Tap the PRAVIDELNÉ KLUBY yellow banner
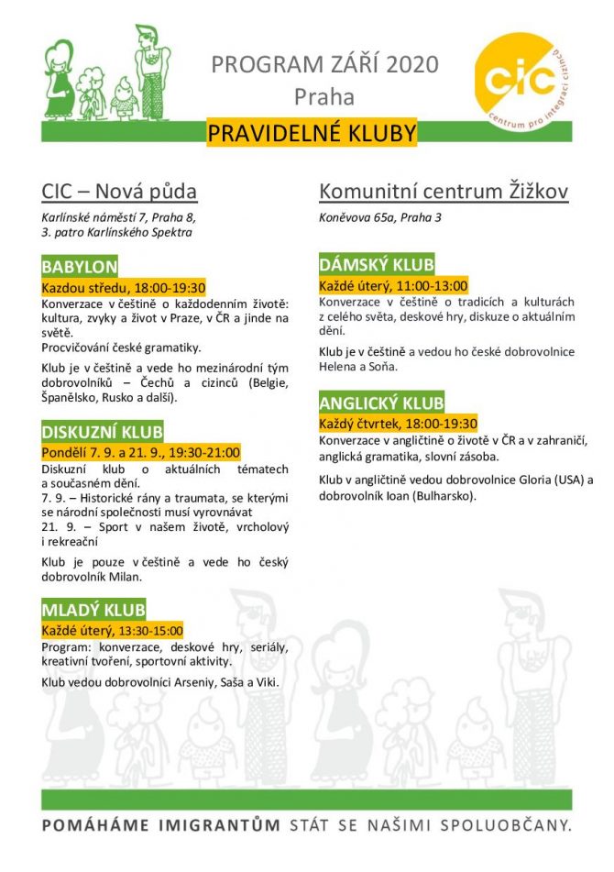pos(312,134)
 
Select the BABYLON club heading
pos(80,267)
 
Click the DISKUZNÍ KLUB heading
pos(103,431)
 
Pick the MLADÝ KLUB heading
pos(93,610)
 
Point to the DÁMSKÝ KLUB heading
pos(377,265)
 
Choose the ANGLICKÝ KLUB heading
pos(381,403)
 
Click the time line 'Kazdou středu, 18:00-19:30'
pos(124,286)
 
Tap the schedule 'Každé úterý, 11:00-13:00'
pos(393,284)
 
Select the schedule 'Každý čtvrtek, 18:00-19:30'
pos(398,423)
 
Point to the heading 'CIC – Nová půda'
pos(119,192)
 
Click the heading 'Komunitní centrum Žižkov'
pos(444,192)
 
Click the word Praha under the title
pos(323,95)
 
